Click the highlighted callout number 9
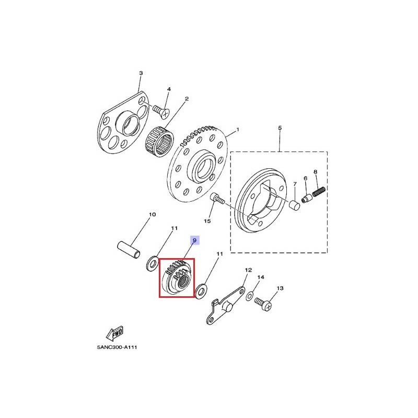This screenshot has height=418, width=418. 194,240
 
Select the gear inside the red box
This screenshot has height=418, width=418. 177,278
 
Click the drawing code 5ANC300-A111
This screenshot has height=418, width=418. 117,347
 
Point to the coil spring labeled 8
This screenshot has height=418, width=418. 319,191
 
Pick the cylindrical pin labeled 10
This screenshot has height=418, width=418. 129,250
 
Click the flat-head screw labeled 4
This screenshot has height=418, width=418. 161,112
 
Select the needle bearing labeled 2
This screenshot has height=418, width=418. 159,141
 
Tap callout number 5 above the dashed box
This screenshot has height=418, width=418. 280,128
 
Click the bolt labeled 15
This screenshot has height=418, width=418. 217,199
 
